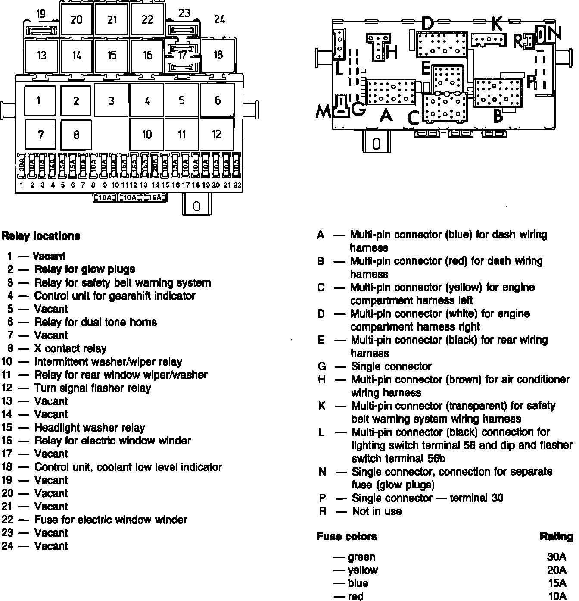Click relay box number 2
click(76, 100)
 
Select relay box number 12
click(217, 134)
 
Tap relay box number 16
click(148, 55)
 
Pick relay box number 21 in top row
click(112, 19)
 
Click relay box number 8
click(76, 135)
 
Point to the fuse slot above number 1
click(22, 165)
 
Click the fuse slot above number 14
click(155, 165)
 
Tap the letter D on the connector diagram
click(427, 23)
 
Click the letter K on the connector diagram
click(497, 24)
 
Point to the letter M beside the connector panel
click(323, 111)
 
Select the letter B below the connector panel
click(498, 116)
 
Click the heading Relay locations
click(41, 236)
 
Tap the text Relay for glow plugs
click(84, 269)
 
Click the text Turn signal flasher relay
click(93, 388)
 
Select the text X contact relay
click(70, 348)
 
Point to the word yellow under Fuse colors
click(362, 570)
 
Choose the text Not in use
click(377, 511)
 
